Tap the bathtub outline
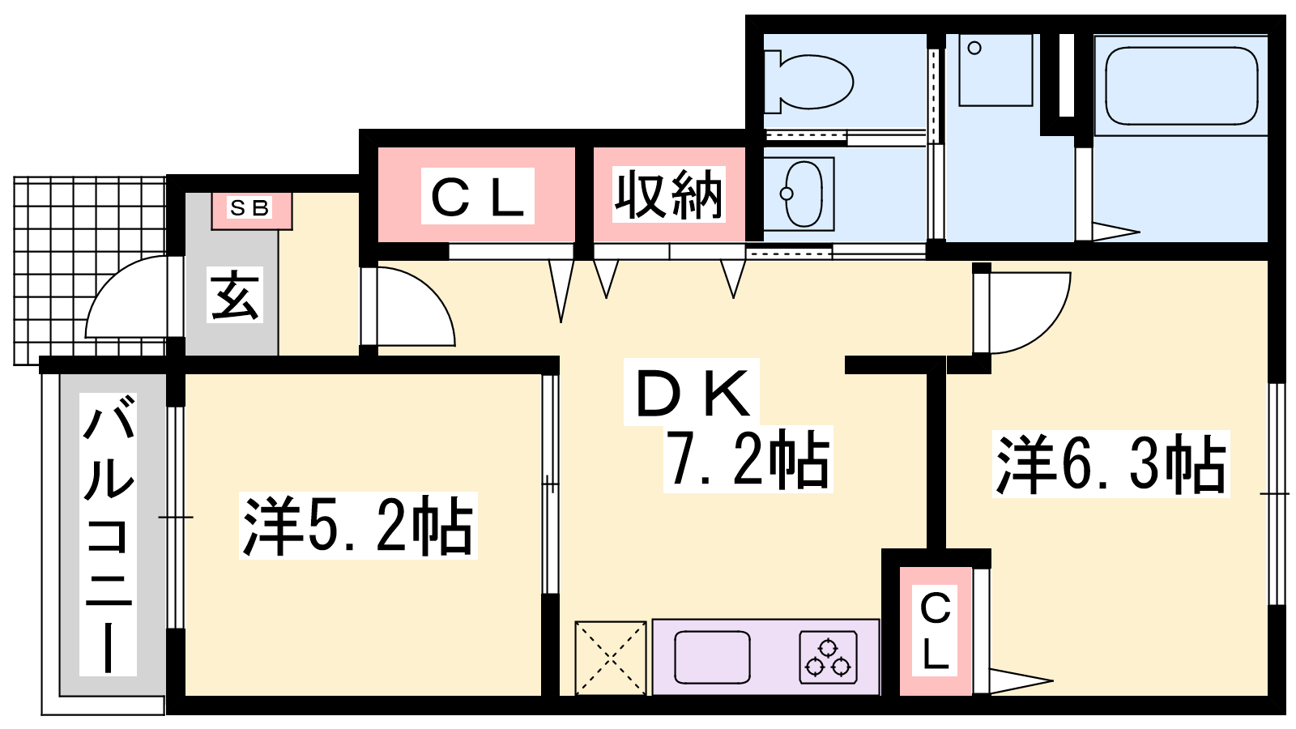click(x=1182, y=86)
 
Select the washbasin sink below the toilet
click(x=804, y=194)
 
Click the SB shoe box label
click(x=250, y=207)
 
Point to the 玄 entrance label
click(x=235, y=295)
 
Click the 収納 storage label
click(x=668, y=195)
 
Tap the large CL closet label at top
click(x=477, y=195)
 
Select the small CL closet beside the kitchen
click(x=935, y=631)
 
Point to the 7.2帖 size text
click(x=748, y=459)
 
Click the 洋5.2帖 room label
click(x=358, y=525)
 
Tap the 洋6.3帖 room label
click(x=1111, y=464)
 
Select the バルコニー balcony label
click(x=109, y=535)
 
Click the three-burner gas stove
click(x=829, y=657)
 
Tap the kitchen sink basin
click(x=712, y=657)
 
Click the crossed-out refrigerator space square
click(x=611, y=658)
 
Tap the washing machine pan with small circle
click(x=995, y=70)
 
